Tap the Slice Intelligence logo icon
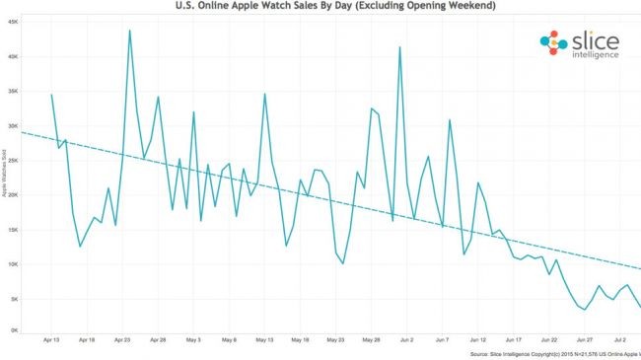coord(553,42)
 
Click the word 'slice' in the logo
coord(595,39)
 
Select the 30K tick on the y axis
coord(14,126)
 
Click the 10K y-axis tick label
coord(14,264)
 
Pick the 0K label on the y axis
coord(15,330)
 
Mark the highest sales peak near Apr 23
coord(129,31)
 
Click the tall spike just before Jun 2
coord(399,47)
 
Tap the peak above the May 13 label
coord(264,94)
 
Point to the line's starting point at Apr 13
coord(51,95)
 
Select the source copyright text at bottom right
coord(552,353)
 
